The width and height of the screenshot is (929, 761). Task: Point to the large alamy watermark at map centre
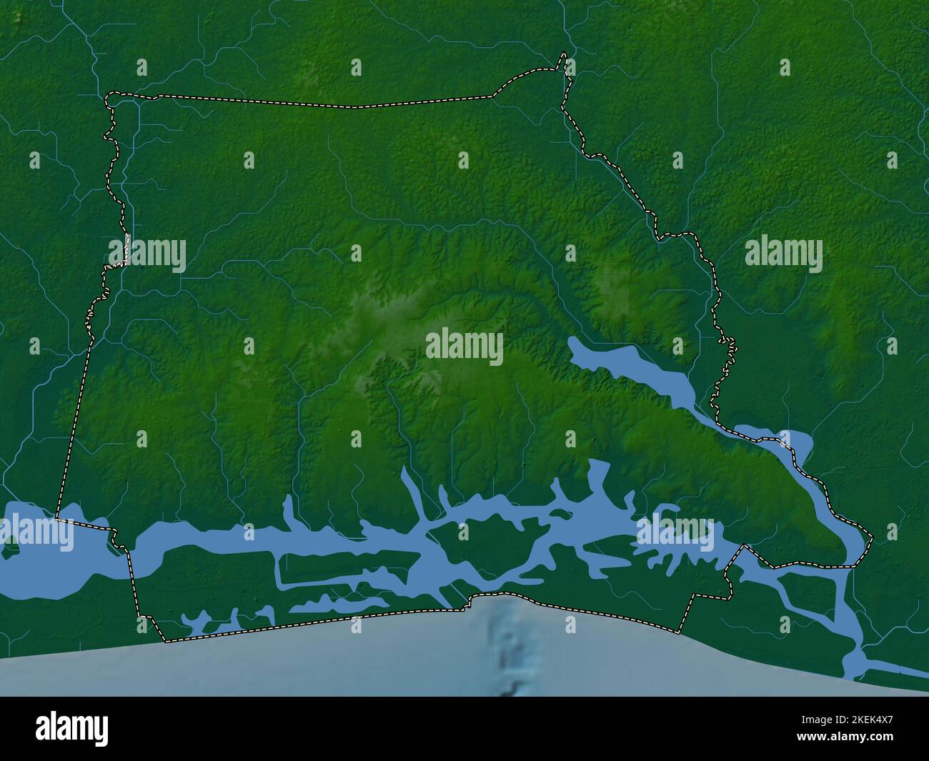coord(464,347)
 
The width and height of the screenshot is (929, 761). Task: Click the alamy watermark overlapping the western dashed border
coord(147,254)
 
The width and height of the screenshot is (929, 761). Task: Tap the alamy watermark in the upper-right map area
coord(783,254)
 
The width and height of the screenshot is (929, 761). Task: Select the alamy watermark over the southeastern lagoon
coord(675,533)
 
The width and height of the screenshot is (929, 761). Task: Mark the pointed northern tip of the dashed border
coord(565,54)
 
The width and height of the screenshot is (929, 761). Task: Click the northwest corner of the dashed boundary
coord(108,96)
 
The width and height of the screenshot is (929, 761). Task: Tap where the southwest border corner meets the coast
coord(165,640)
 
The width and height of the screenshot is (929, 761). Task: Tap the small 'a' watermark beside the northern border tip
coord(570,67)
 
